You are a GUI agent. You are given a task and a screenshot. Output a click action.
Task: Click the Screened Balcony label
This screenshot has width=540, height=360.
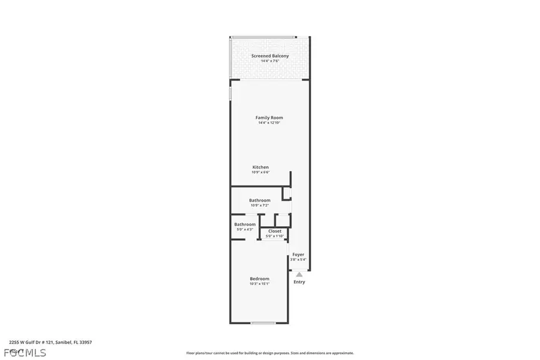[x=269, y=56]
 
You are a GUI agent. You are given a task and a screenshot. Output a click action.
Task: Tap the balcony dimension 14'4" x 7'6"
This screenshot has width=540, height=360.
[x=269, y=61]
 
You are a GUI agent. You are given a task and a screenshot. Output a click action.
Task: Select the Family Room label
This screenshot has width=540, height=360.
[x=269, y=118]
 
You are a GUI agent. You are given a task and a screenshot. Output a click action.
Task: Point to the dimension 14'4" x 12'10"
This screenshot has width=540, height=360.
[x=269, y=123]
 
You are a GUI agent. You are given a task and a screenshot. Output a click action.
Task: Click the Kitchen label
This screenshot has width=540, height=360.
[x=260, y=167]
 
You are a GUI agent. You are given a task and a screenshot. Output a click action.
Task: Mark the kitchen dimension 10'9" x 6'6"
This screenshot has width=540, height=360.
[x=260, y=173]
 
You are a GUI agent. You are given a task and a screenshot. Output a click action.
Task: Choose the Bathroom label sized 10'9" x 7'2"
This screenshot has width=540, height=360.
[x=260, y=200]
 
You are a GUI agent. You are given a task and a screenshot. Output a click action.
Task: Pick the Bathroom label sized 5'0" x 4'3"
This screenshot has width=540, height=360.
[x=245, y=224]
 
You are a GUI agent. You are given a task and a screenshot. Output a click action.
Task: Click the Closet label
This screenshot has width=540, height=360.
[x=275, y=231]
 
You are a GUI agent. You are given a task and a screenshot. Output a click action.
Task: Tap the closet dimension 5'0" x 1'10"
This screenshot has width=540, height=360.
[x=275, y=236]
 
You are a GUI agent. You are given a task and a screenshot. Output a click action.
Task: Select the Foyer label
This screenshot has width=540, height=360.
[x=298, y=254]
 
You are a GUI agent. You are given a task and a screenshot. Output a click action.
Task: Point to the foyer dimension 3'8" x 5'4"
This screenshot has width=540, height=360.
[x=298, y=260]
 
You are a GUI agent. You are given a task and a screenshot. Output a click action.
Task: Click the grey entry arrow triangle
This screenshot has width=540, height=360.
[x=298, y=274]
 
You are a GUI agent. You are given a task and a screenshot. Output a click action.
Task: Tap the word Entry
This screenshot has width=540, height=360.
[x=299, y=282]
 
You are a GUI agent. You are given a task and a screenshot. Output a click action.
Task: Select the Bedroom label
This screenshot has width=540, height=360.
[x=260, y=278]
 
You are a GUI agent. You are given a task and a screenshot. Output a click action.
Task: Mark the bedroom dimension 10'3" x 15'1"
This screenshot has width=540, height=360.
[x=260, y=284]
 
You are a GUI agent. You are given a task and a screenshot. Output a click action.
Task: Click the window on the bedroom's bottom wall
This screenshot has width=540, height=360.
[x=263, y=323]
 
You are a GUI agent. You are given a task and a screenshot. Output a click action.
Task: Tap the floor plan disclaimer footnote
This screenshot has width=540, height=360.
[x=270, y=353]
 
